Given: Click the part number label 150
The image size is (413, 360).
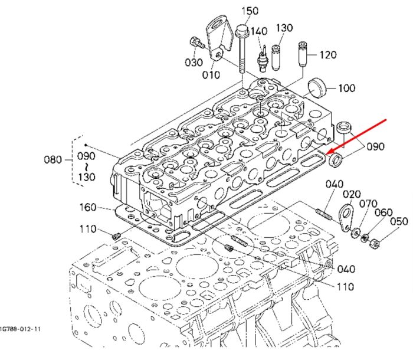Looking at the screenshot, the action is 250,11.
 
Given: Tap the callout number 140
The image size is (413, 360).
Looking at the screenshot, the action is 259,31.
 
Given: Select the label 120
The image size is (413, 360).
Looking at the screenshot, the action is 328,55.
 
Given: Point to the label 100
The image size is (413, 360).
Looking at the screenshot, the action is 347,88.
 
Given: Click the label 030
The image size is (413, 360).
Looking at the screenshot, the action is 194,63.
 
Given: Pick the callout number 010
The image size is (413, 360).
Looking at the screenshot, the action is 211,75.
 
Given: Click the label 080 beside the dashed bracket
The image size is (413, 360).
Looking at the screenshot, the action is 53,160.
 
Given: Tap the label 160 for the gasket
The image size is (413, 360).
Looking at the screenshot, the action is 88,207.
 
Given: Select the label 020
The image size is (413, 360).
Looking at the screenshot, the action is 352,195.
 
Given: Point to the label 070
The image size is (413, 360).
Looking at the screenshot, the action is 369,204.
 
